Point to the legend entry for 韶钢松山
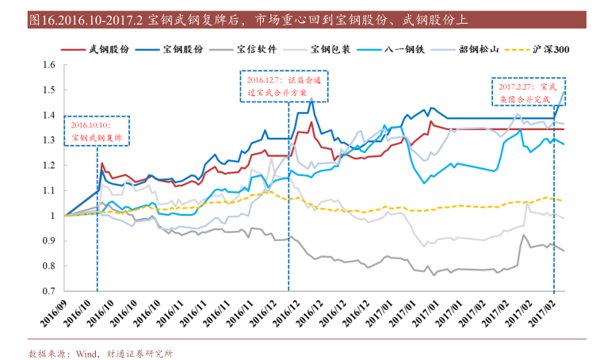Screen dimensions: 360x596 click(478, 49)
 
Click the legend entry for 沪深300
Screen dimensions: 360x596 click(550, 49)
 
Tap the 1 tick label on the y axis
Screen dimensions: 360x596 click(52, 216)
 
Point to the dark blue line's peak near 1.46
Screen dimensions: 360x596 click(311, 99)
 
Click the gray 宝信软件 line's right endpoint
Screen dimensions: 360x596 click(564, 251)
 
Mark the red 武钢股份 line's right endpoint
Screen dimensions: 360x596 click(564, 129)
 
